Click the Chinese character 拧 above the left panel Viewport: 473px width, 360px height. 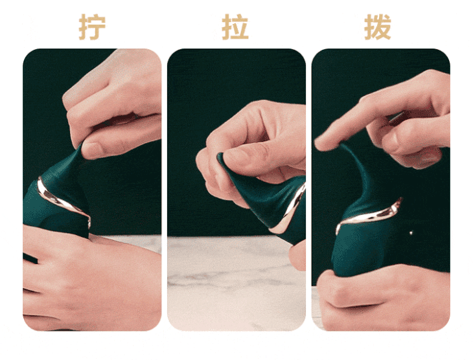(93, 27)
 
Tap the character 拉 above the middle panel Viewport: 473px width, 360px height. (235, 27)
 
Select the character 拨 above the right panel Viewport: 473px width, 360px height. (378, 27)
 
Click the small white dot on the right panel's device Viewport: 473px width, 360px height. (410, 231)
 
